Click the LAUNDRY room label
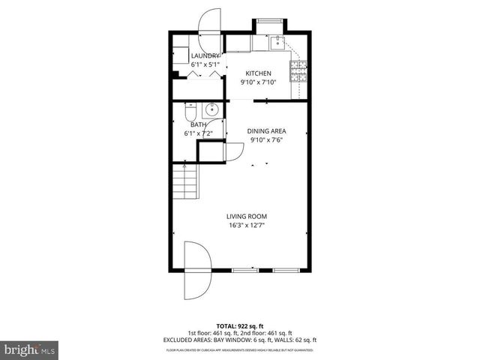[x=205, y=56]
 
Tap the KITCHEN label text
[x=259, y=73]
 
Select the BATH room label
[x=198, y=124]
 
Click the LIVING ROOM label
[x=247, y=216]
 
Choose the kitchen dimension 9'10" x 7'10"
[x=259, y=82]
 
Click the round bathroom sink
[x=211, y=109]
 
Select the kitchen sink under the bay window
[x=277, y=41]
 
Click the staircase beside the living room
[x=183, y=181]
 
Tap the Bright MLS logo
[x=29, y=350]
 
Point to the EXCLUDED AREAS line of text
[x=239, y=340]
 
